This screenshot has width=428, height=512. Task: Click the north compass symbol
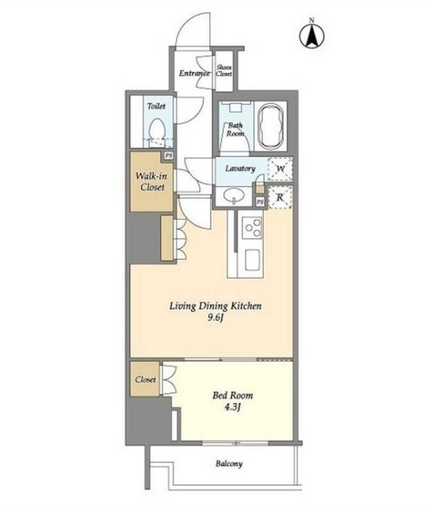pos(311,34)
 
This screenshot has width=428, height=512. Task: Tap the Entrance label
pos(194,73)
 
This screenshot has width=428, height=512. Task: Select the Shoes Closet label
pos(224,71)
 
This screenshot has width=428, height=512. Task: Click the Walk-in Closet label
pos(151,182)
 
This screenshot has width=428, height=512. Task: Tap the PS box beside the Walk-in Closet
pos(169,156)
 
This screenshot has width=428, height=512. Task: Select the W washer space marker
pos(280,169)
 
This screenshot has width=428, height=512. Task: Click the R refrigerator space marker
pos(280,197)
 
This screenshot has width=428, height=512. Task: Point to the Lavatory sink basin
pos(234,196)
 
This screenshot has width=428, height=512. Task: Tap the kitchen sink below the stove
pos(252,260)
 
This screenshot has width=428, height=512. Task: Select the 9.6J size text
pos(215,318)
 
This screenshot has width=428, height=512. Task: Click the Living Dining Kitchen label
pos(215,306)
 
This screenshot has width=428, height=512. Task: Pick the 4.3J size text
pos(233,407)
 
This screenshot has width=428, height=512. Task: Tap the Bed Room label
pos(233,395)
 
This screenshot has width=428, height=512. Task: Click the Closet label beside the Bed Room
pos(146,379)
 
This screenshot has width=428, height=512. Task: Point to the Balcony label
pos(229,463)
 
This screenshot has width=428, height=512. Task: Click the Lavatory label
pos(240,169)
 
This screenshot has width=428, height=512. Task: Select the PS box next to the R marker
pos(260,202)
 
